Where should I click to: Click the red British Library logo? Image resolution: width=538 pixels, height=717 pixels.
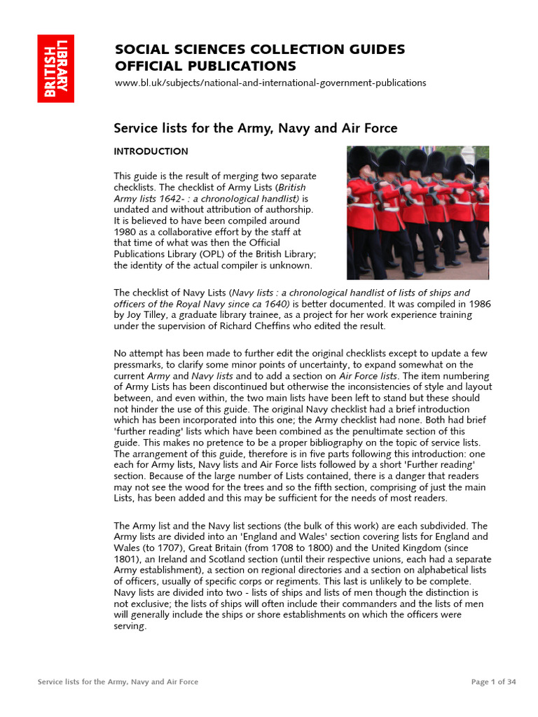tap(56, 69)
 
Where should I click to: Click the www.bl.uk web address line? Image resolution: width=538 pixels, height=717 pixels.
tap(270, 83)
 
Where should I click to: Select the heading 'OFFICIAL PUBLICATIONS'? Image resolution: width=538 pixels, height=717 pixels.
tap(205, 67)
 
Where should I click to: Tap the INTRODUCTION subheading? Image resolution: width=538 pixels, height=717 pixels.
tap(151, 151)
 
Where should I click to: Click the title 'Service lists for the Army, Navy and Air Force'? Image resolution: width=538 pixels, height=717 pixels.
tap(256, 128)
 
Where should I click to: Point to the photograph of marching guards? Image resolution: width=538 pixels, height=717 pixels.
tap(418, 212)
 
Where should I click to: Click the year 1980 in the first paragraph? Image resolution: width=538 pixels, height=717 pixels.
tap(125, 232)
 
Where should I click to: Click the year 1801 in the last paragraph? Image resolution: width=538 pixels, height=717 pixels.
tap(125, 559)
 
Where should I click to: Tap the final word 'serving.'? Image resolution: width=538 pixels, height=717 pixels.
tap(130, 627)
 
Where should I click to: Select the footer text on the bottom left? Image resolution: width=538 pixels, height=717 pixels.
tap(118, 682)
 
